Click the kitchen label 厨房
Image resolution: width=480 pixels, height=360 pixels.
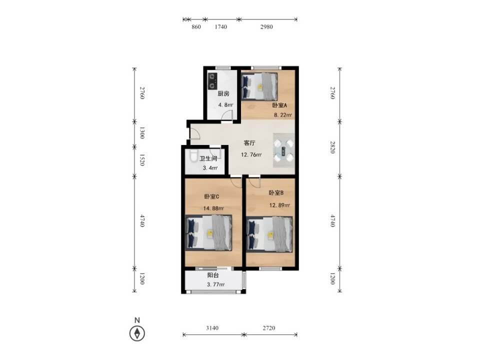click(223, 93)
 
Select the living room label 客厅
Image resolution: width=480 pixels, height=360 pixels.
click(249, 143)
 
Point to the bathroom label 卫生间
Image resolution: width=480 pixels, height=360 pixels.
click(208, 158)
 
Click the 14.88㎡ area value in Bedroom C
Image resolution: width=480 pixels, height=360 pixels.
click(213, 208)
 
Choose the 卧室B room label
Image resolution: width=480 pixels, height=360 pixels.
click(276, 193)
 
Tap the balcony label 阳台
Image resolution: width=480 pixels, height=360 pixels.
click(213, 275)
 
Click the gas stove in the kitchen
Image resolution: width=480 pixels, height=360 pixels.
click(212, 81)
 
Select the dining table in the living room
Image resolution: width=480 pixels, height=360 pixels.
click(283, 150)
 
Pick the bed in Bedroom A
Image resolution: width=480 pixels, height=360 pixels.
click(259, 86)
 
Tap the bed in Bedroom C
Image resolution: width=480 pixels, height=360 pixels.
click(208, 233)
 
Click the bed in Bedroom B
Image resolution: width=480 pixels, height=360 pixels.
click(269, 234)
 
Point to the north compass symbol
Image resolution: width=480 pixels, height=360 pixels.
click(137, 333)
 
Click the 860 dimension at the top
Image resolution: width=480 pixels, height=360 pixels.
click(196, 27)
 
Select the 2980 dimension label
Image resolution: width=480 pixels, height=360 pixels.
click(266, 27)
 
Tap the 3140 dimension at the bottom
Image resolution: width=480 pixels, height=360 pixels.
click(212, 328)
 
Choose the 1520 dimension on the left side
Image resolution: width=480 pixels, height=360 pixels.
click(142, 160)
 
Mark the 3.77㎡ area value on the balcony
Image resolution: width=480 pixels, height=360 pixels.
click(216, 284)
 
